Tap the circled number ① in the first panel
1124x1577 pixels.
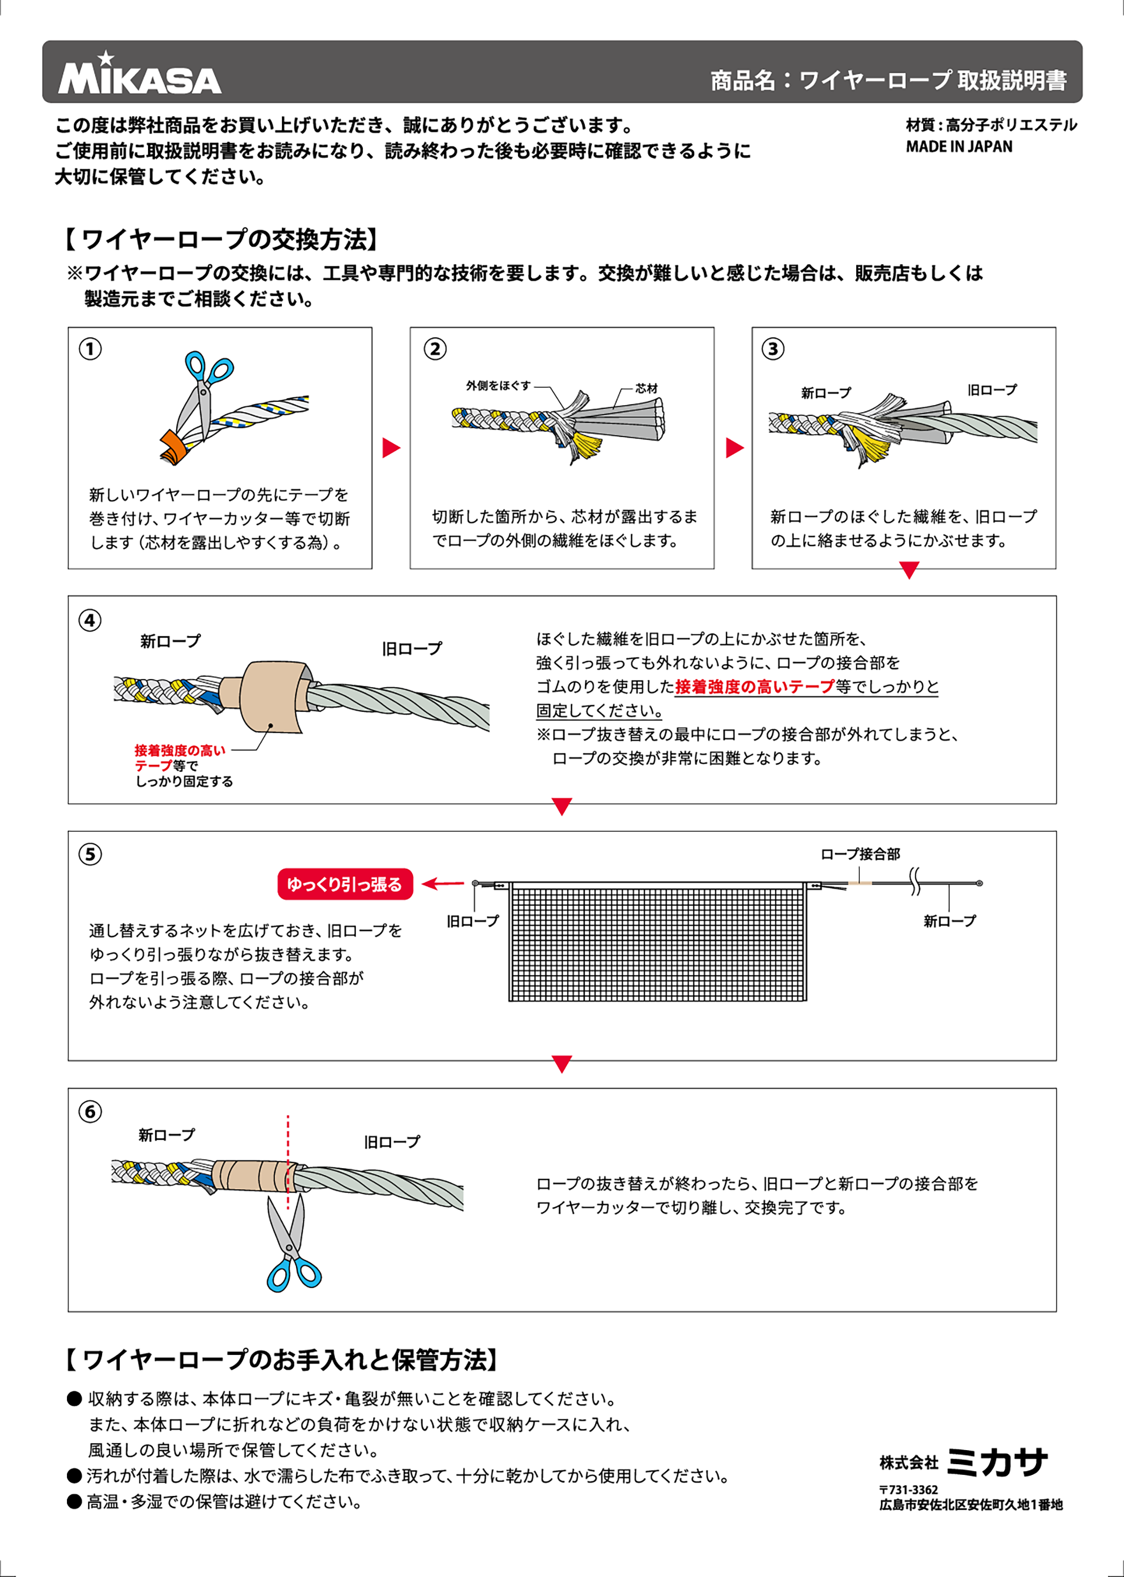pyautogui.click(x=90, y=348)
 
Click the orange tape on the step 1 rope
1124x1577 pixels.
pyautogui.click(x=173, y=447)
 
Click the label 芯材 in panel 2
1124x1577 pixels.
pyautogui.click(x=647, y=389)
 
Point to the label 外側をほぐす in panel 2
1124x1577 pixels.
pyautogui.click(x=498, y=385)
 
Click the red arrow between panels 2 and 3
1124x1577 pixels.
pyautogui.click(x=734, y=448)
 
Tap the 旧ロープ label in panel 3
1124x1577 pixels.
pyautogui.click(x=992, y=390)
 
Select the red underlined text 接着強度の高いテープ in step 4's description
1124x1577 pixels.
pyautogui.click(x=754, y=687)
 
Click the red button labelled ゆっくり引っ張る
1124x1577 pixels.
pyautogui.click(x=345, y=884)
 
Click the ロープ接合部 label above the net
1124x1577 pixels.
pyautogui.click(x=860, y=854)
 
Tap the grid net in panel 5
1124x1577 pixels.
pyautogui.click(x=658, y=941)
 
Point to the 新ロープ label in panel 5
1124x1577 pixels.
pyautogui.click(x=949, y=921)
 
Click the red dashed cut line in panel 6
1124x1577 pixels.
pyautogui.click(x=288, y=1149)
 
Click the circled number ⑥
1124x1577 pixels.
pyautogui.click(x=90, y=1112)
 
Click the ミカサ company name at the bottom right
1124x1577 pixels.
pyautogui.click(x=997, y=1462)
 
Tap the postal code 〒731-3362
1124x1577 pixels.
pyautogui.click(x=908, y=1489)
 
